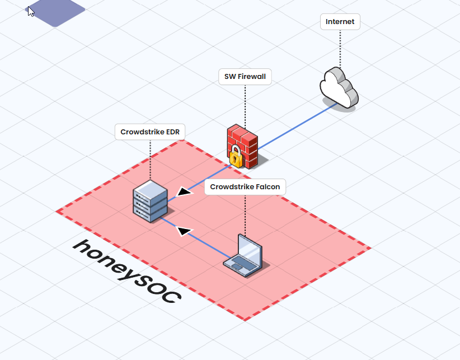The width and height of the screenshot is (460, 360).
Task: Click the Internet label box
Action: point(340,22)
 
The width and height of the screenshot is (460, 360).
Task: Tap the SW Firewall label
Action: point(245,77)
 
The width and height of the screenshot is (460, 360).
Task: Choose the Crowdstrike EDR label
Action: point(150,133)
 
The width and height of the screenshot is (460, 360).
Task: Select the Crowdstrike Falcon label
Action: point(245,187)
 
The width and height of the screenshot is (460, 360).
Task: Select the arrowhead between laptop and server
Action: point(183,230)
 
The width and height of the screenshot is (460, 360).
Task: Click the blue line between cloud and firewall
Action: point(297,127)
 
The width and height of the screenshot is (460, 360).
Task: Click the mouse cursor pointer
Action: point(31,11)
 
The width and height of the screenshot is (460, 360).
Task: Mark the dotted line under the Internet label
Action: point(340,48)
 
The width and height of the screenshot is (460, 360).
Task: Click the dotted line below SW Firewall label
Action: point(245,104)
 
